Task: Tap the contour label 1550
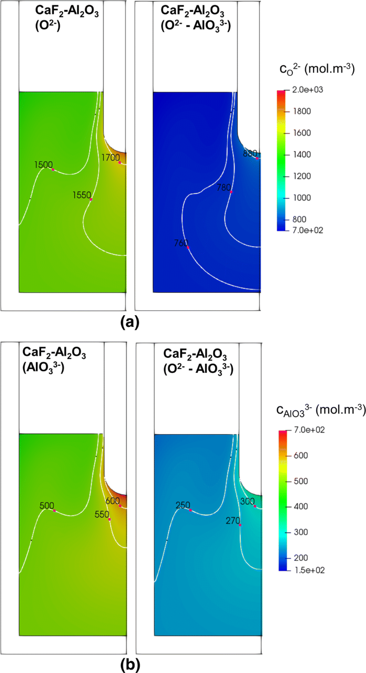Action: [81, 195]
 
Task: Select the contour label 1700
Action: [110, 157]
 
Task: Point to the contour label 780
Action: [224, 187]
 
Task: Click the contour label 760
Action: [181, 243]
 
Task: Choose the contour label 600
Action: [112, 500]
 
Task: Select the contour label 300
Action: [247, 502]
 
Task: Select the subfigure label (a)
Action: [130, 323]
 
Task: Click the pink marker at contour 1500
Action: [53, 169]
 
